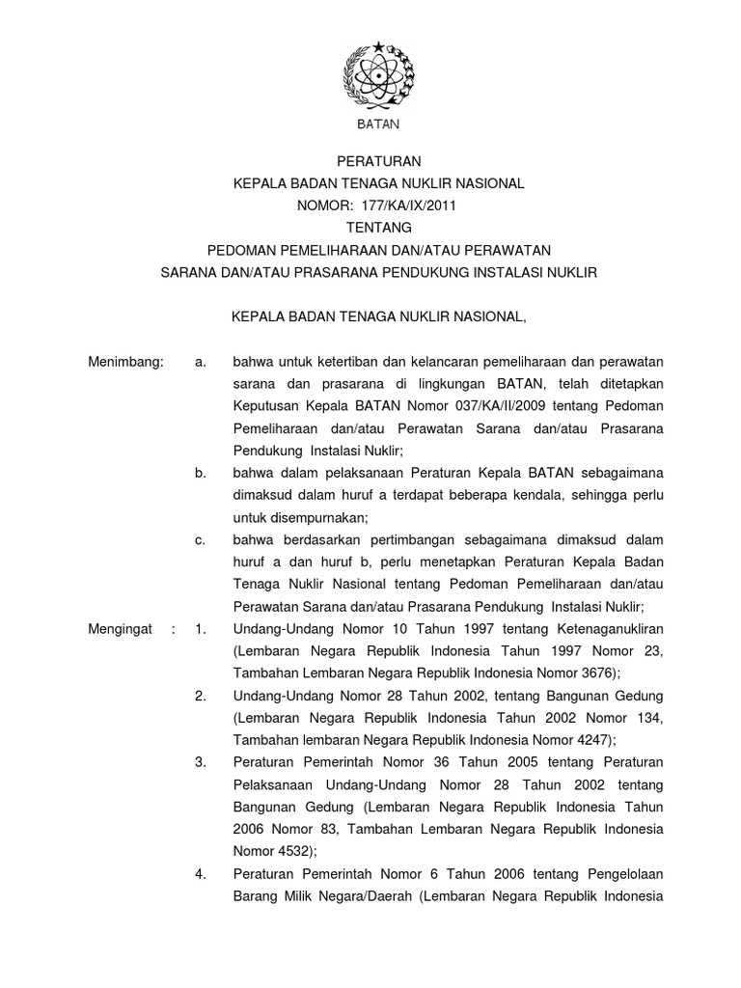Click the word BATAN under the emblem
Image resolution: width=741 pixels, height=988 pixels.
pos(378,124)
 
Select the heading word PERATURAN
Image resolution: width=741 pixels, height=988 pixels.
pos(378,161)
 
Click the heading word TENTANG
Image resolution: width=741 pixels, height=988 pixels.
pos(379,228)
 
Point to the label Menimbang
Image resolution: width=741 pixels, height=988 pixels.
pos(126,362)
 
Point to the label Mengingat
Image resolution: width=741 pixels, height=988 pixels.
pos(121,629)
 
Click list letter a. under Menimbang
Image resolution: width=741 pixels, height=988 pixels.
pos(201,362)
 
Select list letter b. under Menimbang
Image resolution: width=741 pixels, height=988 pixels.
pos(201,473)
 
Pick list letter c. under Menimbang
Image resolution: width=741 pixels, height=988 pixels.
pos(201,540)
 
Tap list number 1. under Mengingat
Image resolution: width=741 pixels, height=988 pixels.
pos(201,629)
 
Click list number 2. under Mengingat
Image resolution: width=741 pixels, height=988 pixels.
pos(201,696)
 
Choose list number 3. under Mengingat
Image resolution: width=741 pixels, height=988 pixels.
pos(201,762)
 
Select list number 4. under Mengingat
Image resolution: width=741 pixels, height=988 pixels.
pos(201,873)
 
